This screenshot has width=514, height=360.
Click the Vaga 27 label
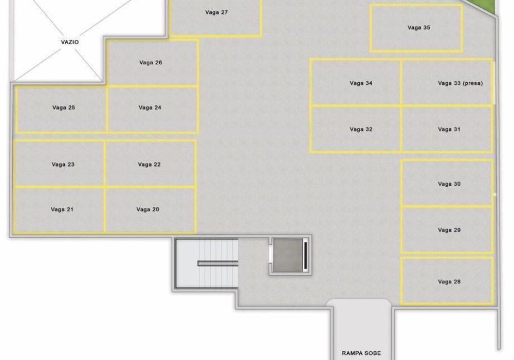216,12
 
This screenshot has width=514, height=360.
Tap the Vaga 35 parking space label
418,28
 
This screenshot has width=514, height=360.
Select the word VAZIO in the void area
70,42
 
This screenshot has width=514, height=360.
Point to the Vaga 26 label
151,63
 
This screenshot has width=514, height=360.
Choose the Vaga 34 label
361,83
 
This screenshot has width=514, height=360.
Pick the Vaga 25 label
64,107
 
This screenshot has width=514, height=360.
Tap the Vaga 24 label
150,107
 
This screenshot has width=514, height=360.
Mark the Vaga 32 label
361,129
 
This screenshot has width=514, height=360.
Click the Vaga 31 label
449,129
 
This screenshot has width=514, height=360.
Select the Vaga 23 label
63,165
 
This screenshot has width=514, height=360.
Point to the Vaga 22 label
149,165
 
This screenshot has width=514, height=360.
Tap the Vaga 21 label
62,209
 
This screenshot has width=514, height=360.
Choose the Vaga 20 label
148,209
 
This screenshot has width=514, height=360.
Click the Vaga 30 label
449,184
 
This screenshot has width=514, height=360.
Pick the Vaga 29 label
449,230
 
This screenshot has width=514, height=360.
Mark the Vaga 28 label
449,282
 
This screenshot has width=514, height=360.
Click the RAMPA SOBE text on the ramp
361,353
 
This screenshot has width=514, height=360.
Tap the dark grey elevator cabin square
288,255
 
